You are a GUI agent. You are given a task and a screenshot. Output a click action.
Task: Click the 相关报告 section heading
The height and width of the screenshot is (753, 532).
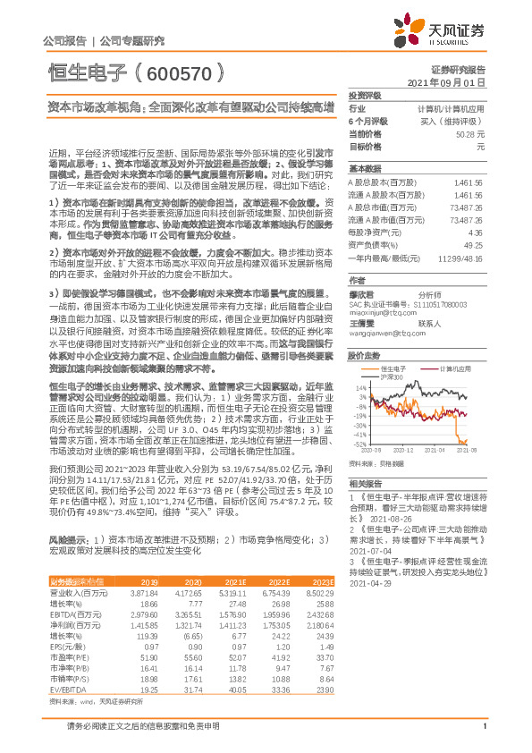pyautogui.click(x=366, y=481)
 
